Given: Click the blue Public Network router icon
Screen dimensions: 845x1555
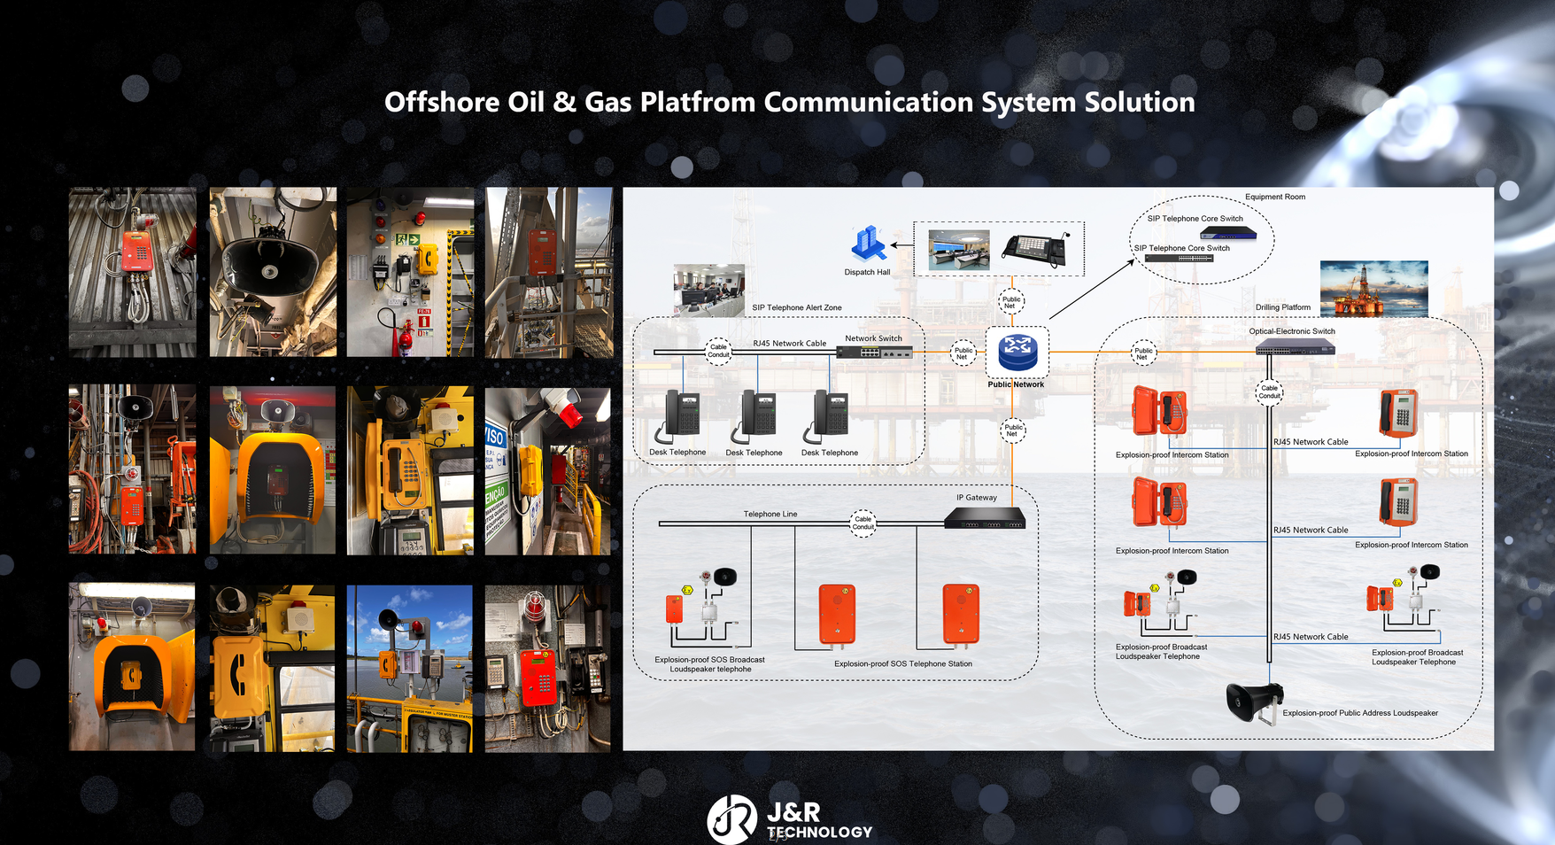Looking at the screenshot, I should coord(1017,353).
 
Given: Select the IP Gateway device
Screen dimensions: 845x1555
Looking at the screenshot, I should coord(985,518).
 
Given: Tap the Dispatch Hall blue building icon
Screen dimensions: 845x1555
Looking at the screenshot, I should coord(868,244).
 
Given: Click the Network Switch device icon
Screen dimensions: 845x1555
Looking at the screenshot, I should coord(875,353).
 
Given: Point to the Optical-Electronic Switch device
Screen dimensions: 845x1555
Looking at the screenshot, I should coord(1295,348).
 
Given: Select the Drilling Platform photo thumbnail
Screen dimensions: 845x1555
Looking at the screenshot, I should coord(1373,288).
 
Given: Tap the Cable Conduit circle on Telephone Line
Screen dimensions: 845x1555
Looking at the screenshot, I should coord(863,523).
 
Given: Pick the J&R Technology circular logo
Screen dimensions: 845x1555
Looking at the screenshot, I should coord(731,818).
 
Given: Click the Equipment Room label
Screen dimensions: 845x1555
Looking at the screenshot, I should coord(1274,197).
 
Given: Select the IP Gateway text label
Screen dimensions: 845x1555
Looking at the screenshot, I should coord(976,498).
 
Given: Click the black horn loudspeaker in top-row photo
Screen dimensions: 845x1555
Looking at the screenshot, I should coord(269,264).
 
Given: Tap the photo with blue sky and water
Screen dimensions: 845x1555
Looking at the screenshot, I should coord(409,668).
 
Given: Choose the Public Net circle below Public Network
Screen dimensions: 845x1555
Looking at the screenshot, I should coord(1013,430).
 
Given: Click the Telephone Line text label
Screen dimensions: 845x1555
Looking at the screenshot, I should coord(770,514).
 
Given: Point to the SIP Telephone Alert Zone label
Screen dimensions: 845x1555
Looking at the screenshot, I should coord(796,307).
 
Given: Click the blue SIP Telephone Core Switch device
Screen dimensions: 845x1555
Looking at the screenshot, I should coord(1227,233).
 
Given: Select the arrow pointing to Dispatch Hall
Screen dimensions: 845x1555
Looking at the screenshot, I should coord(901,244).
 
